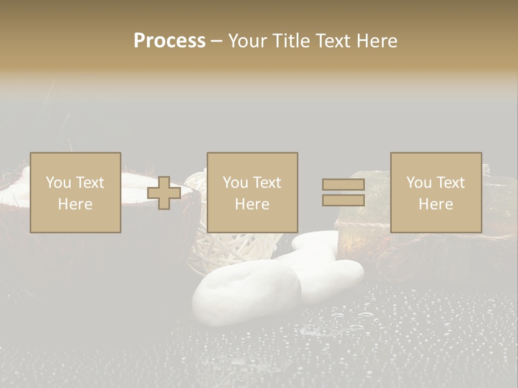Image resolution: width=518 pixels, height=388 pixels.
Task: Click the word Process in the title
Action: (169, 41)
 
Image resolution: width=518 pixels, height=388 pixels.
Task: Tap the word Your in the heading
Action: (248, 41)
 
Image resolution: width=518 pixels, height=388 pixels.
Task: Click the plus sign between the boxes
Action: (164, 193)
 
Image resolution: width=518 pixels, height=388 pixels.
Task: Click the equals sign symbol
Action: (343, 192)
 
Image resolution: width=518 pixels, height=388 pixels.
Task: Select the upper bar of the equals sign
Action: (343, 185)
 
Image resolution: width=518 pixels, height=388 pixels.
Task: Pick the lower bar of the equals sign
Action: (343, 200)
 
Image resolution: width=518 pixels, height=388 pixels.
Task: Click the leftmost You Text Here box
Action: (76, 192)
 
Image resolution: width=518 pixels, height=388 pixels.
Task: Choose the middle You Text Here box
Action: (253, 192)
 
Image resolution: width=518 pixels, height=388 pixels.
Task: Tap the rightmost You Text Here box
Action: (436, 192)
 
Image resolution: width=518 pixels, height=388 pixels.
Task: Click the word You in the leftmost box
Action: (58, 183)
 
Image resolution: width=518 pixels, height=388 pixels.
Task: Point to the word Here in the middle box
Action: (253, 204)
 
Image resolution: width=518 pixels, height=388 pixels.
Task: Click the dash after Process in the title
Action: (216, 41)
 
